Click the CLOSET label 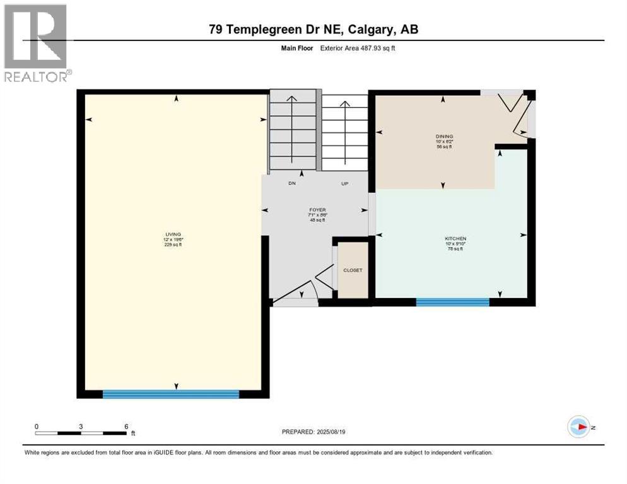353,270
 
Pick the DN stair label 292,183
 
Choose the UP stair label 344,183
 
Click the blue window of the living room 171,395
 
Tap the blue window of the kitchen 452,302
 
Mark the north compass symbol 578,427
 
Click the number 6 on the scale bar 126,427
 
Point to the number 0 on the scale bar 37,427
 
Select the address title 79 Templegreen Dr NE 313,29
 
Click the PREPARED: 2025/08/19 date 313,432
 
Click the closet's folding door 325,277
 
